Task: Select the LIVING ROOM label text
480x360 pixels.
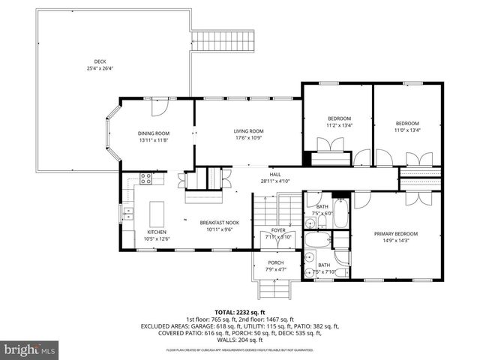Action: pos(248,133)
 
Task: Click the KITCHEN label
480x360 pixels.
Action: pos(157,235)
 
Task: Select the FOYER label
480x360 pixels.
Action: pos(277,233)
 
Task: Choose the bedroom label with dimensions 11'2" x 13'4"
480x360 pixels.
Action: pos(339,121)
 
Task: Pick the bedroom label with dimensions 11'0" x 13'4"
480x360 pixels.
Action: pos(407,127)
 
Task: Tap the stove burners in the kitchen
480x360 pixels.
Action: pos(146,178)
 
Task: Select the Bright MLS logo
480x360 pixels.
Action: pos(30,349)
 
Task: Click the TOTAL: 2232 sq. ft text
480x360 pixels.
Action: pos(240,312)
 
